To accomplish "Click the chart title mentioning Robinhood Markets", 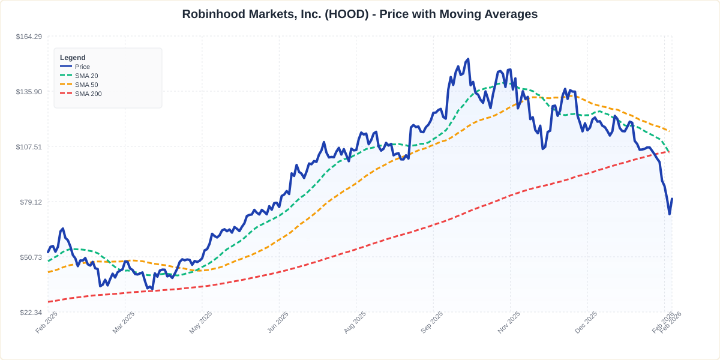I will [x=359, y=14].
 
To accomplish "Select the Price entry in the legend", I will [x=82, y=67].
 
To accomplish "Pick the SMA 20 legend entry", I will [x=86, y=76].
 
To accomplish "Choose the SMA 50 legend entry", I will [x=86, y=85].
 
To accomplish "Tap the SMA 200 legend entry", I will [x=88, y=94].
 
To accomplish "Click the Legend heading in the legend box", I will [x=73, y=58].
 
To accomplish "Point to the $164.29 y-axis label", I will [x=29, y=37].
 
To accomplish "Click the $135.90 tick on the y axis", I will [x=29, y=92].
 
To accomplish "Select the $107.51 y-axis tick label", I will [x=29, y=147].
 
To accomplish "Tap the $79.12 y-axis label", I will [x=30, y=202].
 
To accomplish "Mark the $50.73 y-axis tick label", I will [x=30, y=257].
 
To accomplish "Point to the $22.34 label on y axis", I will [x=30, y=313].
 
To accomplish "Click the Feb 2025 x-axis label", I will [x=47, y=323].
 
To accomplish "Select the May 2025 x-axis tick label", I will [x=201, y=323].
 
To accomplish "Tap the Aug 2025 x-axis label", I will [x=355, y=323].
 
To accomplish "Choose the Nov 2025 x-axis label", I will [x=509, y=323].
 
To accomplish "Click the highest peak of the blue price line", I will [x=467, y=59].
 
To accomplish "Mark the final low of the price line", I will [x=670, y=214].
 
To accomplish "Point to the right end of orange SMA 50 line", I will [x=670, y=131].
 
